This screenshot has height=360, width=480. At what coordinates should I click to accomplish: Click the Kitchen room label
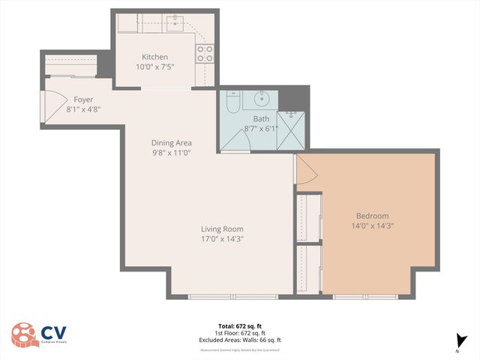click(x=155, y=57)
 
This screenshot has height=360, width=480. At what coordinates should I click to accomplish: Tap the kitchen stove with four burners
click(x=204, y=52)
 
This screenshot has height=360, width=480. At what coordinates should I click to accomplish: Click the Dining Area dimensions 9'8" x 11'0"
click(x=172, y=152)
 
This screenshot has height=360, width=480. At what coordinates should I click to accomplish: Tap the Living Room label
click(x=222, y=229)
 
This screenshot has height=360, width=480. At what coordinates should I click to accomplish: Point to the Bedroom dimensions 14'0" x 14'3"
click(x=373, y=225)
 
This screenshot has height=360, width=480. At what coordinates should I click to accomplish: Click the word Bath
click(x=261, y=118)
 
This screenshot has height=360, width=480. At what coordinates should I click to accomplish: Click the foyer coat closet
click(x=70, y=66)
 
